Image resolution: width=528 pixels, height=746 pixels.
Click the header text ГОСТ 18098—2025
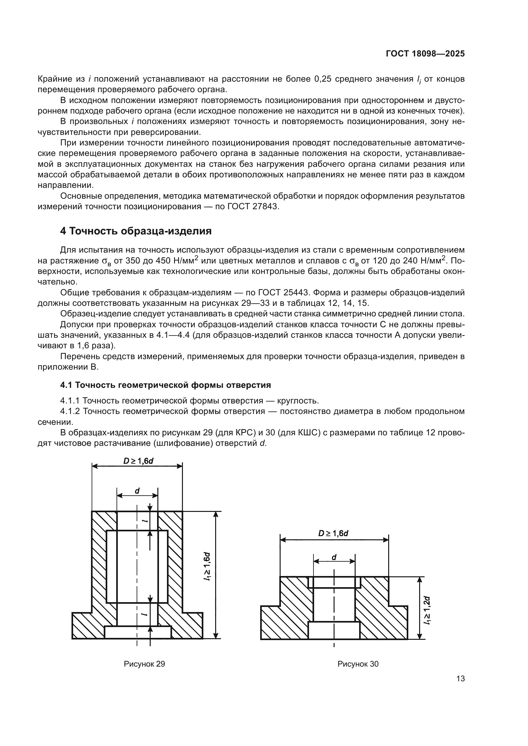tap(425, 54)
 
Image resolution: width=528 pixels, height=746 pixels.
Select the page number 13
tap(460, 678)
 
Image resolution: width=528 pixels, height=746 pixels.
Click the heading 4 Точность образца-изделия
tap(136, 231)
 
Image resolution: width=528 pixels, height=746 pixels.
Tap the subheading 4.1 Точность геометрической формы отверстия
tap(165, 385)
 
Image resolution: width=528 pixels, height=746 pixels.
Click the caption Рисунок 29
tap(144, 664)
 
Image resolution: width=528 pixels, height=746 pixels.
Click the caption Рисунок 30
tap(358, 664)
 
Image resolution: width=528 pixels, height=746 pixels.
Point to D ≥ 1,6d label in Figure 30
tap(333, 533)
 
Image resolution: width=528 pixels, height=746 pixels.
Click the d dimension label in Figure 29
tap(137, 491)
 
